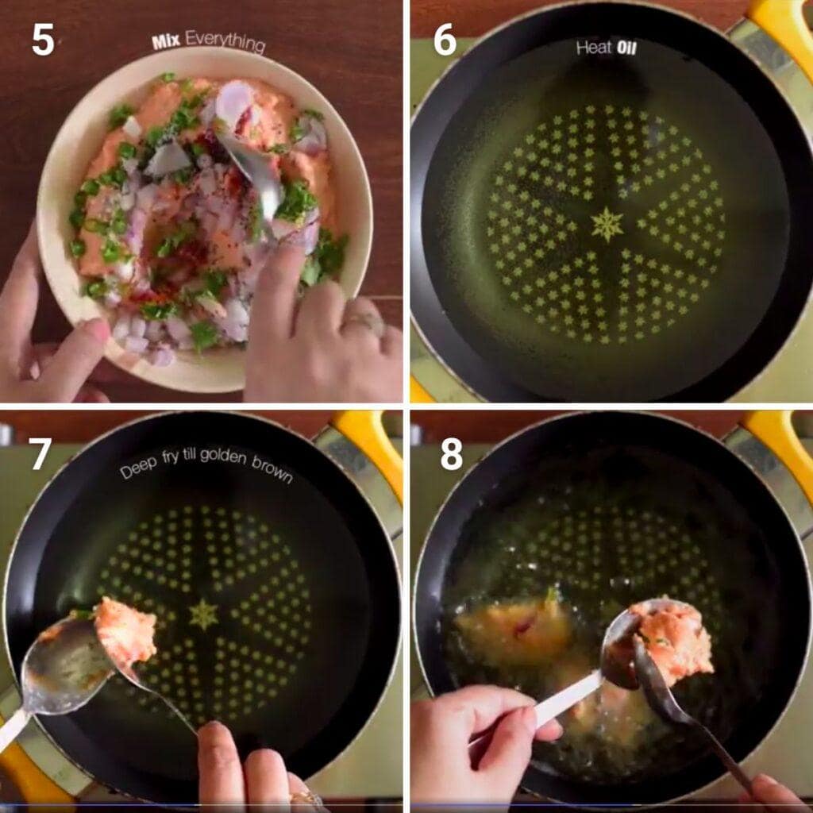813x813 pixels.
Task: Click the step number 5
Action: (x=43, y=40)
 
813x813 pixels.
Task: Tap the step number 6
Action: (x=445, y=40)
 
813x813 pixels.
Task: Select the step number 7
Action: (x=40, y=454)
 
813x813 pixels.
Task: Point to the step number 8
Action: (x=451, y=454)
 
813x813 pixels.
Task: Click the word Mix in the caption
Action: (x=166, y=41)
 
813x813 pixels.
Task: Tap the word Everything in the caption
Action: (x=225, y=41)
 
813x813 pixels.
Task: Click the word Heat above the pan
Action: (x=594, y=48)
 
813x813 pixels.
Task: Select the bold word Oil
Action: (x=626, y=48)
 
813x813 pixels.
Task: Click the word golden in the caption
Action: (x=223, y=457)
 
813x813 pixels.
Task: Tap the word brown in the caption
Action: (x=272, y=468)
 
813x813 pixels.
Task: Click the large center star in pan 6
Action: (x=607, y=225)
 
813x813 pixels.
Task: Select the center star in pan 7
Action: (x=203, y=615)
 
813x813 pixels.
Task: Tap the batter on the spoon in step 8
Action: (x=674, y=641)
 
